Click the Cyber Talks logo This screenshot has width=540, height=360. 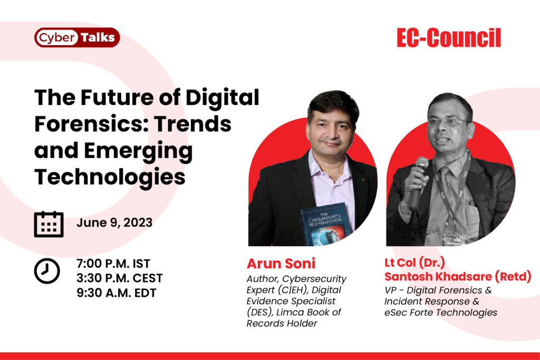[77, 37]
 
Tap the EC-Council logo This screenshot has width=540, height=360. [449, 38]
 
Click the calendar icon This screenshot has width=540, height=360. [49, 224]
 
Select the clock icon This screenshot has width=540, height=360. [47, 271]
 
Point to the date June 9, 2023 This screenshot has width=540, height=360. [114, 222]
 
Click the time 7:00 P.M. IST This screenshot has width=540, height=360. [113, 264]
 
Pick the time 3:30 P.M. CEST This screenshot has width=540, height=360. [120, 278]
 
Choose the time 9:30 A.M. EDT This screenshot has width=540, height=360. [117, 293]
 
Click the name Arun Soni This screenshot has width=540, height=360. [281, 264]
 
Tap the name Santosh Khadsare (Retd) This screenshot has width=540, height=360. [458, 276]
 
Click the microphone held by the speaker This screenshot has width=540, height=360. [418, 182]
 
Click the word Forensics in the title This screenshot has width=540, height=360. [91, 124]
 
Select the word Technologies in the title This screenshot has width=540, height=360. [110, 177]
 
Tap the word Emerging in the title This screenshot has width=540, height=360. [138, 151]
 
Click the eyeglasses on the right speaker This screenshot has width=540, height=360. [448, 121]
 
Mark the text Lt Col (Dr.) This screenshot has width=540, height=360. [414, 262]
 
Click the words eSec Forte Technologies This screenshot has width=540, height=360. [441, 313]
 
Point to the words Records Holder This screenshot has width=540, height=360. [282, 324]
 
